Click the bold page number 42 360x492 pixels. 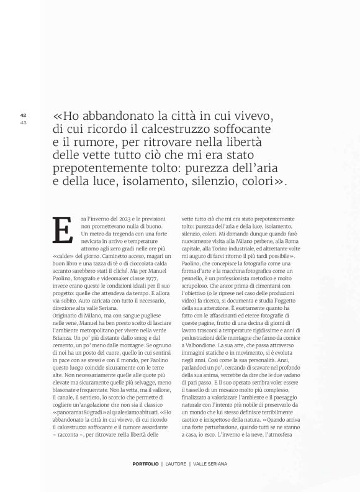click(23, 114)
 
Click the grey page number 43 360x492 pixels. click(23, 121)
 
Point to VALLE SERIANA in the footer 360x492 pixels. click(210, 465)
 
